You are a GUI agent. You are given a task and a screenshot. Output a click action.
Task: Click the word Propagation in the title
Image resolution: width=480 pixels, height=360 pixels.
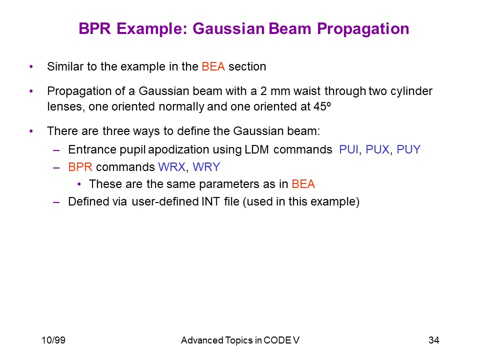pyautogui.click(x=363, y=29)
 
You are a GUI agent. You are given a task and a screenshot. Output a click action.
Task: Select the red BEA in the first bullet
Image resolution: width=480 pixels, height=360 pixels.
pyautogui.click(x=213, y=66)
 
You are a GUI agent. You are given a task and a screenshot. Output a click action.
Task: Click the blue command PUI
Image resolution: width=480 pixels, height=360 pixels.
pyautogui.click(x=348, y=149)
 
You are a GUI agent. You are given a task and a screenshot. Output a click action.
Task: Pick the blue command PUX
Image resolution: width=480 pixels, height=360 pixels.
pyautogui.click(x=377, y=149)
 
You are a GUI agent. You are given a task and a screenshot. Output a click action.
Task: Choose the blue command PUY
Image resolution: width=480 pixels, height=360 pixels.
pyautogui.click(x=408, y=149)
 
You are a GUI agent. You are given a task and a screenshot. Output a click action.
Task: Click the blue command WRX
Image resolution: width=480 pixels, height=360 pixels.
pyautogui.click(x=171, y=167)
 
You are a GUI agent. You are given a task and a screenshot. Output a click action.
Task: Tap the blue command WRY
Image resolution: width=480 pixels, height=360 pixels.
pyautogui.click(x=206, y=167)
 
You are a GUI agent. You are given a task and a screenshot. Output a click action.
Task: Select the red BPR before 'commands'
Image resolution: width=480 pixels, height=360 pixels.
pyautogui.click(x=80, y=167)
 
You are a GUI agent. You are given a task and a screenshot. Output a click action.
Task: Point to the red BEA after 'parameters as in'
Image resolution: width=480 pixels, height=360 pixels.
pyautogui.click(x=303, y=184)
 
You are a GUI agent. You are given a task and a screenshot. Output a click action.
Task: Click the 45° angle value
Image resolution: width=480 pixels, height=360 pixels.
pyautogui.click(x=322, y=106)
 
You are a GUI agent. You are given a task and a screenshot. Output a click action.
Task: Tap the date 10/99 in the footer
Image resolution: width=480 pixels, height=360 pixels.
pyautogui.click(x=53, y=340)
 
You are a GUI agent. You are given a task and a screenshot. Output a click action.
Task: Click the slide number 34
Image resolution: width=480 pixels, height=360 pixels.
pyautogui.click(x=434, y=340)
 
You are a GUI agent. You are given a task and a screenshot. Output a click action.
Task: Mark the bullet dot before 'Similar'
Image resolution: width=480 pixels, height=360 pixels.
pyautogui.click(x=31, y=66)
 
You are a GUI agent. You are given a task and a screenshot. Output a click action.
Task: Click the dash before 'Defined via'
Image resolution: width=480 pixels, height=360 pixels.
pyautogui.click(x=56, y=202)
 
